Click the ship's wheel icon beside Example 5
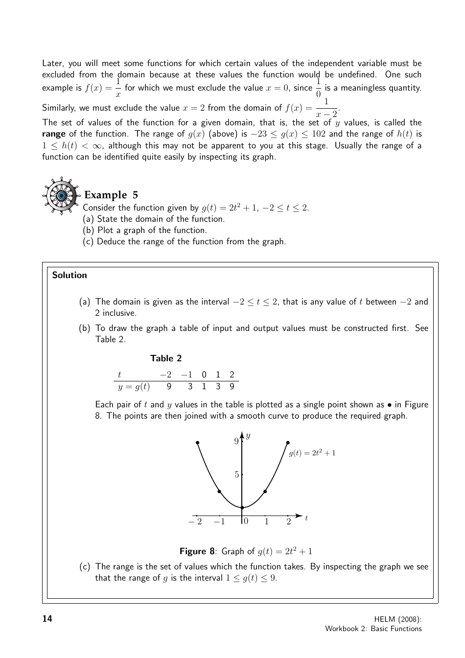tap(61, 196)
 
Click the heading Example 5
tap(111, 195)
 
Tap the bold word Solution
tap(70, 275)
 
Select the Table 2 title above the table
tap(166, 358)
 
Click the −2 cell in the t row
tap(166, 375)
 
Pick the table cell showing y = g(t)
tap(134, 387)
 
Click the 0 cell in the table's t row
tap(204, 375)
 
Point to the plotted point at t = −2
tap(197, 443)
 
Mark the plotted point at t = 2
tap(287, 443)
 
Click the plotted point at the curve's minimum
tap(242, 508)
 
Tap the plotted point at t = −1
tap(219, 492)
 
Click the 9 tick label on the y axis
tap(236, 442)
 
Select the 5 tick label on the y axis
tap(236, 474)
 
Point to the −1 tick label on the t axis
tap(219, 521)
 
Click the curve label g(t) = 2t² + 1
tap(312, 453)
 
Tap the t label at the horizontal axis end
tap(306, 518)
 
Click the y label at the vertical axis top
tap(248, 436)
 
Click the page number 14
tap(47, 619)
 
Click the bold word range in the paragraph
tap(54, 134)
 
